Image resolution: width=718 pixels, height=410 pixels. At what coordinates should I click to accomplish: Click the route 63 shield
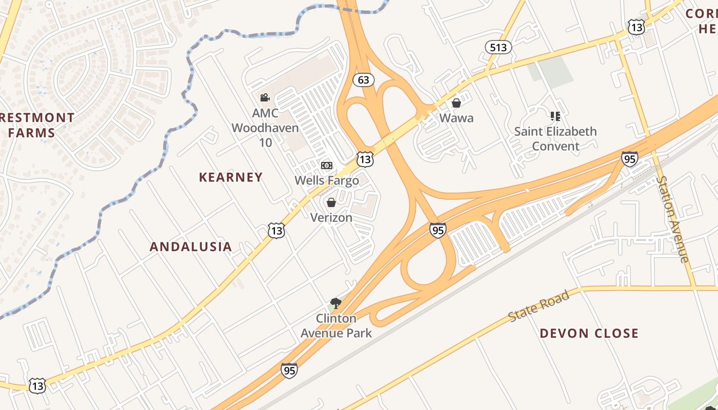tap(364, 80)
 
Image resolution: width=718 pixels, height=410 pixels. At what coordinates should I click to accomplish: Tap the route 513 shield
tap(498, 48)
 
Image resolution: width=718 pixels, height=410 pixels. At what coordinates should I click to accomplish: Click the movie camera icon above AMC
tap(265, 97)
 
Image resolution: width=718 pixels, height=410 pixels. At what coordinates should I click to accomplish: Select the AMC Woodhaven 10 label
tap(265, 128)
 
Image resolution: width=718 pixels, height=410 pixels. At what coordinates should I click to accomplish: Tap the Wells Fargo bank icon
tap(327, 166)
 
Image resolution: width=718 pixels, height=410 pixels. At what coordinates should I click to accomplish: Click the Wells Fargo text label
tap(327, 180)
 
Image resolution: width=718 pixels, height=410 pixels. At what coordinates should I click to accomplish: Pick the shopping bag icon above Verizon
tap(331, 202)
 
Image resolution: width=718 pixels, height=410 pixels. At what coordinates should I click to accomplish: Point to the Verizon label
tap(331, 217)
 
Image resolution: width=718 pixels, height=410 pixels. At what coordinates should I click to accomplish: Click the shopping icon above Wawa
tap(456, 103)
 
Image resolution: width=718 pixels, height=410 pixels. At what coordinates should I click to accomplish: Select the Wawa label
tap(456, 118)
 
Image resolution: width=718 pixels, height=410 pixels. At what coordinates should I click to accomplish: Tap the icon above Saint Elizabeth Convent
tap(555, 116)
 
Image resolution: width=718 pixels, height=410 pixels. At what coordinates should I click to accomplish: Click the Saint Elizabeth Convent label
tap(555, 138)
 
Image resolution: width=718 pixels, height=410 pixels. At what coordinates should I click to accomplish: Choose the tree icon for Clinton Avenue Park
tap(336, 303)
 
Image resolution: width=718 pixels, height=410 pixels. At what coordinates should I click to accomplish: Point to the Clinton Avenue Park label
tap(336, 325)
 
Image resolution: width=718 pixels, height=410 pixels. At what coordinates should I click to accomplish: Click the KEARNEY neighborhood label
tap(231, 177)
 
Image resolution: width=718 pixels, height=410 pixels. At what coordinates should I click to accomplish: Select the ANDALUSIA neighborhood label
tap(191, 247)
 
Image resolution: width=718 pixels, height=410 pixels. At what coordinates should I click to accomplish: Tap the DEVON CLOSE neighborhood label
tap(589, 334)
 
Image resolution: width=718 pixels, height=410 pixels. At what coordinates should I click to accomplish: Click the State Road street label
tap(539, 306)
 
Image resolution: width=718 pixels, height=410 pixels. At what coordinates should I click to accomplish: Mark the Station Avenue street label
tap(673, 219)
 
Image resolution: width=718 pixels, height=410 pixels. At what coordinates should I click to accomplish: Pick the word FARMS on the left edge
tap(32, 133)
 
